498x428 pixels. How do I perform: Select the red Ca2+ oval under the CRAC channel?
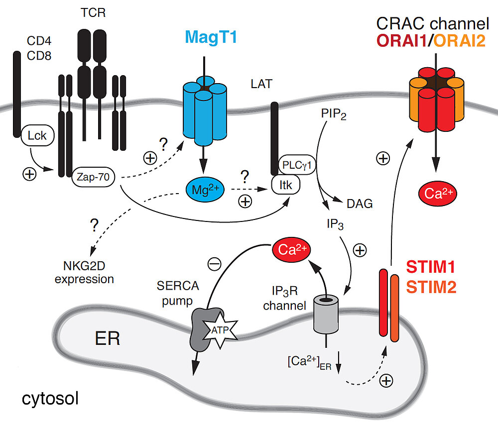click(x=436, y=194)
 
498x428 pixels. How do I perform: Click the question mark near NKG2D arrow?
click(x=94, y=226)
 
